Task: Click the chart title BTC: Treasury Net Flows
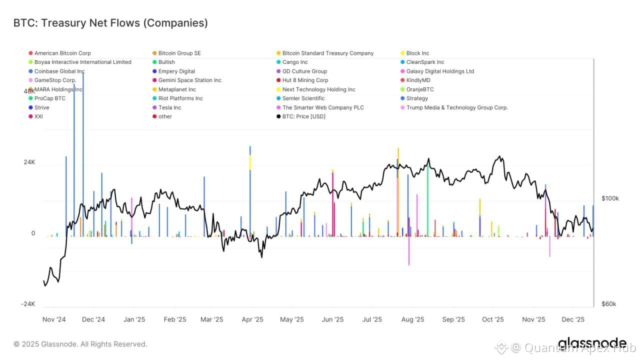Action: pos(110,23)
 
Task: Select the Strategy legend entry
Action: pos(417,98)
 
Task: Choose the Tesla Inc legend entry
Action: pos(169,107)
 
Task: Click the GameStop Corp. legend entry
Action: pos(55,80)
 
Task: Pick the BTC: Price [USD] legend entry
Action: pos(303,116)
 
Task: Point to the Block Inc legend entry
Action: pos(417,53)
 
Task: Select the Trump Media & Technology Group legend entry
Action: pos(457,107)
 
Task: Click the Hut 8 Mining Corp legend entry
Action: pos(305,80)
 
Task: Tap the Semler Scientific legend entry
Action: pos(303,98)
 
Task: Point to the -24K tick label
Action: pos(28,304)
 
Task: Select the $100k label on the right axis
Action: pos(610,198)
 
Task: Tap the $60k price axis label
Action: pos(610,304)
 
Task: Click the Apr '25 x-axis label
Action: pos(252,319)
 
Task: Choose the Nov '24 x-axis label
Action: pos(54,319)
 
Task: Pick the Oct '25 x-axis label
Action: pos(493,319)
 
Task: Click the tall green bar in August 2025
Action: pos(427,200)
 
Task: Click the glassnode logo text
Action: pos(592,343)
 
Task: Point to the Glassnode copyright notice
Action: pos(80,344)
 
